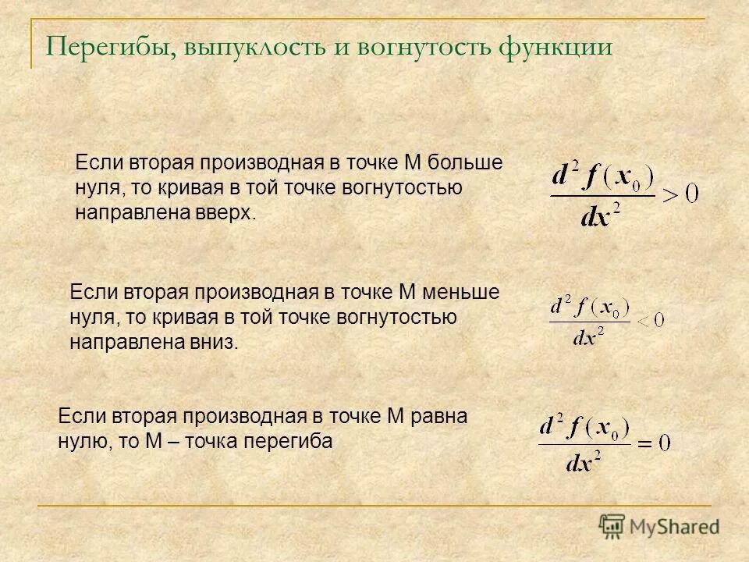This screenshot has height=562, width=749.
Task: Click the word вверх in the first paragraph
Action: (229, 213)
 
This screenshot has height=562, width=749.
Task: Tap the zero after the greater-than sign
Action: (691, 193)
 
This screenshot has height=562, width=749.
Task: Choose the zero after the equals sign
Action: (663, 444)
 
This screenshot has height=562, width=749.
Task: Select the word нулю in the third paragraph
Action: (83, 441)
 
